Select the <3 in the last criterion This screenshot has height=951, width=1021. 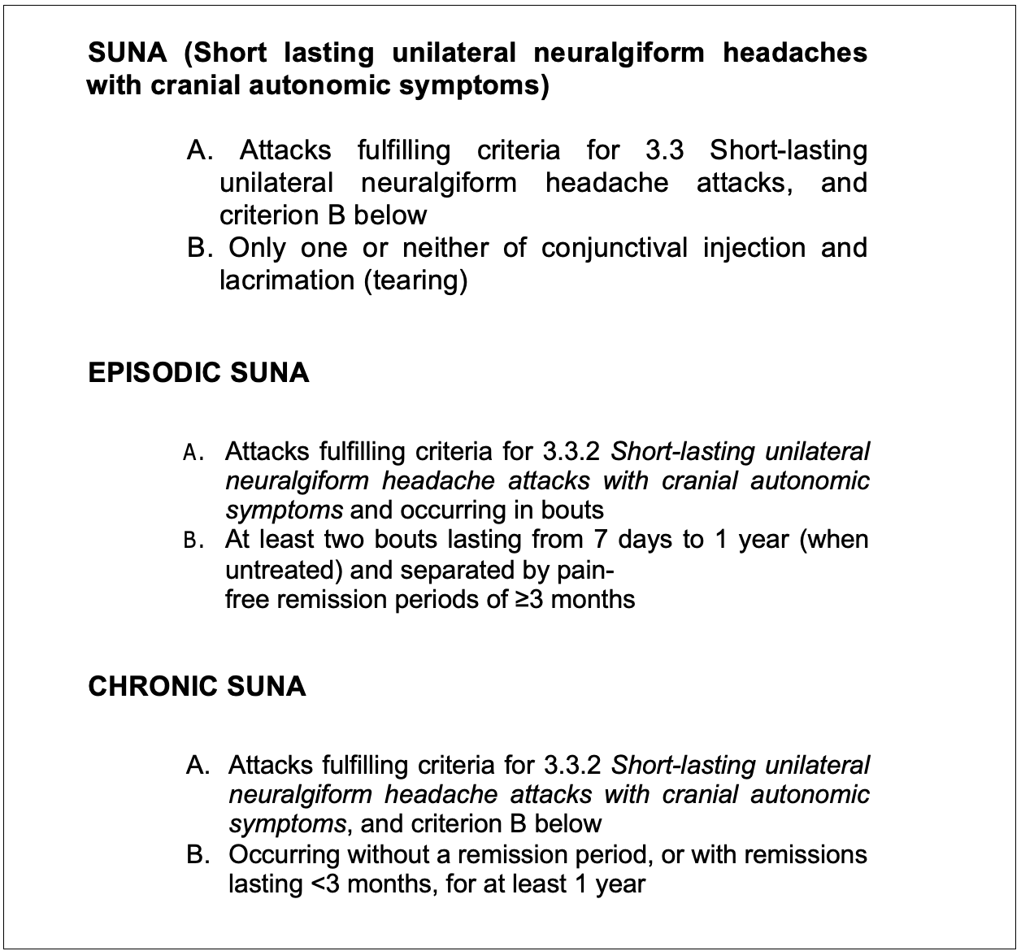click(x=328, y=884)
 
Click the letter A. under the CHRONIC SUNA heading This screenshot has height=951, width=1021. click(x=198, y=766)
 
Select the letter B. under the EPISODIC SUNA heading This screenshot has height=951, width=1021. click(x=193, y=541)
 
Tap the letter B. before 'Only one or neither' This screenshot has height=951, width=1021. click(x=200, y=248)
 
